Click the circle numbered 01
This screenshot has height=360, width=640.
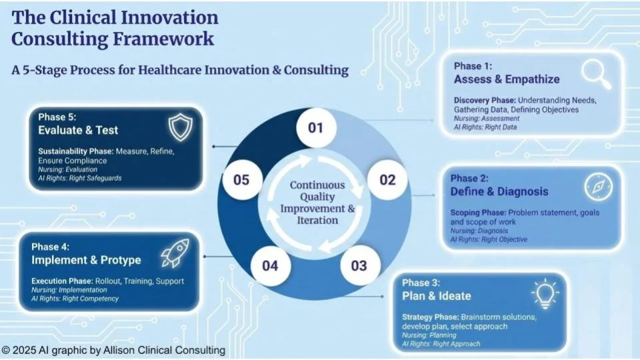[315, 127]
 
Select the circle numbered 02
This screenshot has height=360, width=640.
[387, 179]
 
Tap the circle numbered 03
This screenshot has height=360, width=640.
[359, 266]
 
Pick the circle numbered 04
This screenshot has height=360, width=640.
[270, 266]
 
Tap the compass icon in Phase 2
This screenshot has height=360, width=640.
[598, 187]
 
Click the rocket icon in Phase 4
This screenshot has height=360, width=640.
[173, 255]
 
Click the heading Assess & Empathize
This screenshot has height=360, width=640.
[507, 79]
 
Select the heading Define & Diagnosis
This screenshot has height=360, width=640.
[499, 192]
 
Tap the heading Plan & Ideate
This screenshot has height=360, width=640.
[436, 296]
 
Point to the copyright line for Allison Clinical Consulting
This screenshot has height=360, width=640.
[113, 350]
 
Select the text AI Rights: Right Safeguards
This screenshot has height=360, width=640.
[80, 178]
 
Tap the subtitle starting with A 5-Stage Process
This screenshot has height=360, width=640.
[180, 70]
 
